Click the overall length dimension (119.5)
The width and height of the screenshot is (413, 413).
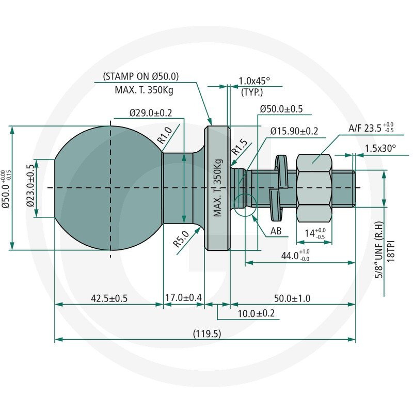[207, 333]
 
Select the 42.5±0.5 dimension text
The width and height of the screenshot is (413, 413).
[109, 298]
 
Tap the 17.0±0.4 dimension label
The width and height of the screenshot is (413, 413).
[183, 298]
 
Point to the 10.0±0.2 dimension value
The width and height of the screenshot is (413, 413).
[256, 313]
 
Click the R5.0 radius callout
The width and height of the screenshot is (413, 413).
[181, 239]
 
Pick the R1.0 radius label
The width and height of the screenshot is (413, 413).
[165, 135]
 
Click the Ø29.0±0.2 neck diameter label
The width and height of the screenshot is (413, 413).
[151, 113]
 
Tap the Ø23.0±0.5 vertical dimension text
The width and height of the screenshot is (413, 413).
[31, 185]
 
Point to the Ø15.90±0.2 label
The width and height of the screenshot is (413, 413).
[294, 131]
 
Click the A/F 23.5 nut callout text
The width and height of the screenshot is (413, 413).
[371, 128]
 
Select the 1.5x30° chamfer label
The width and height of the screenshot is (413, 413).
[380, 149]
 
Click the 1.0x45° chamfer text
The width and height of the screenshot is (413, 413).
[254, 81]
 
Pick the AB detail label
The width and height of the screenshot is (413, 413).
[276, 231]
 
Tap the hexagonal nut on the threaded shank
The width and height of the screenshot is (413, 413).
[314, 188]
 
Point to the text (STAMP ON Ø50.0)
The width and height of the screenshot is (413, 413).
[141, 76]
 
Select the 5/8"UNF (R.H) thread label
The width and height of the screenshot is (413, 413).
[379, 250]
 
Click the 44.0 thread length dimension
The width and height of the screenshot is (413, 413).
[295, 255]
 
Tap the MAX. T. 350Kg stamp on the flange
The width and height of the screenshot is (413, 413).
[217, 188]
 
